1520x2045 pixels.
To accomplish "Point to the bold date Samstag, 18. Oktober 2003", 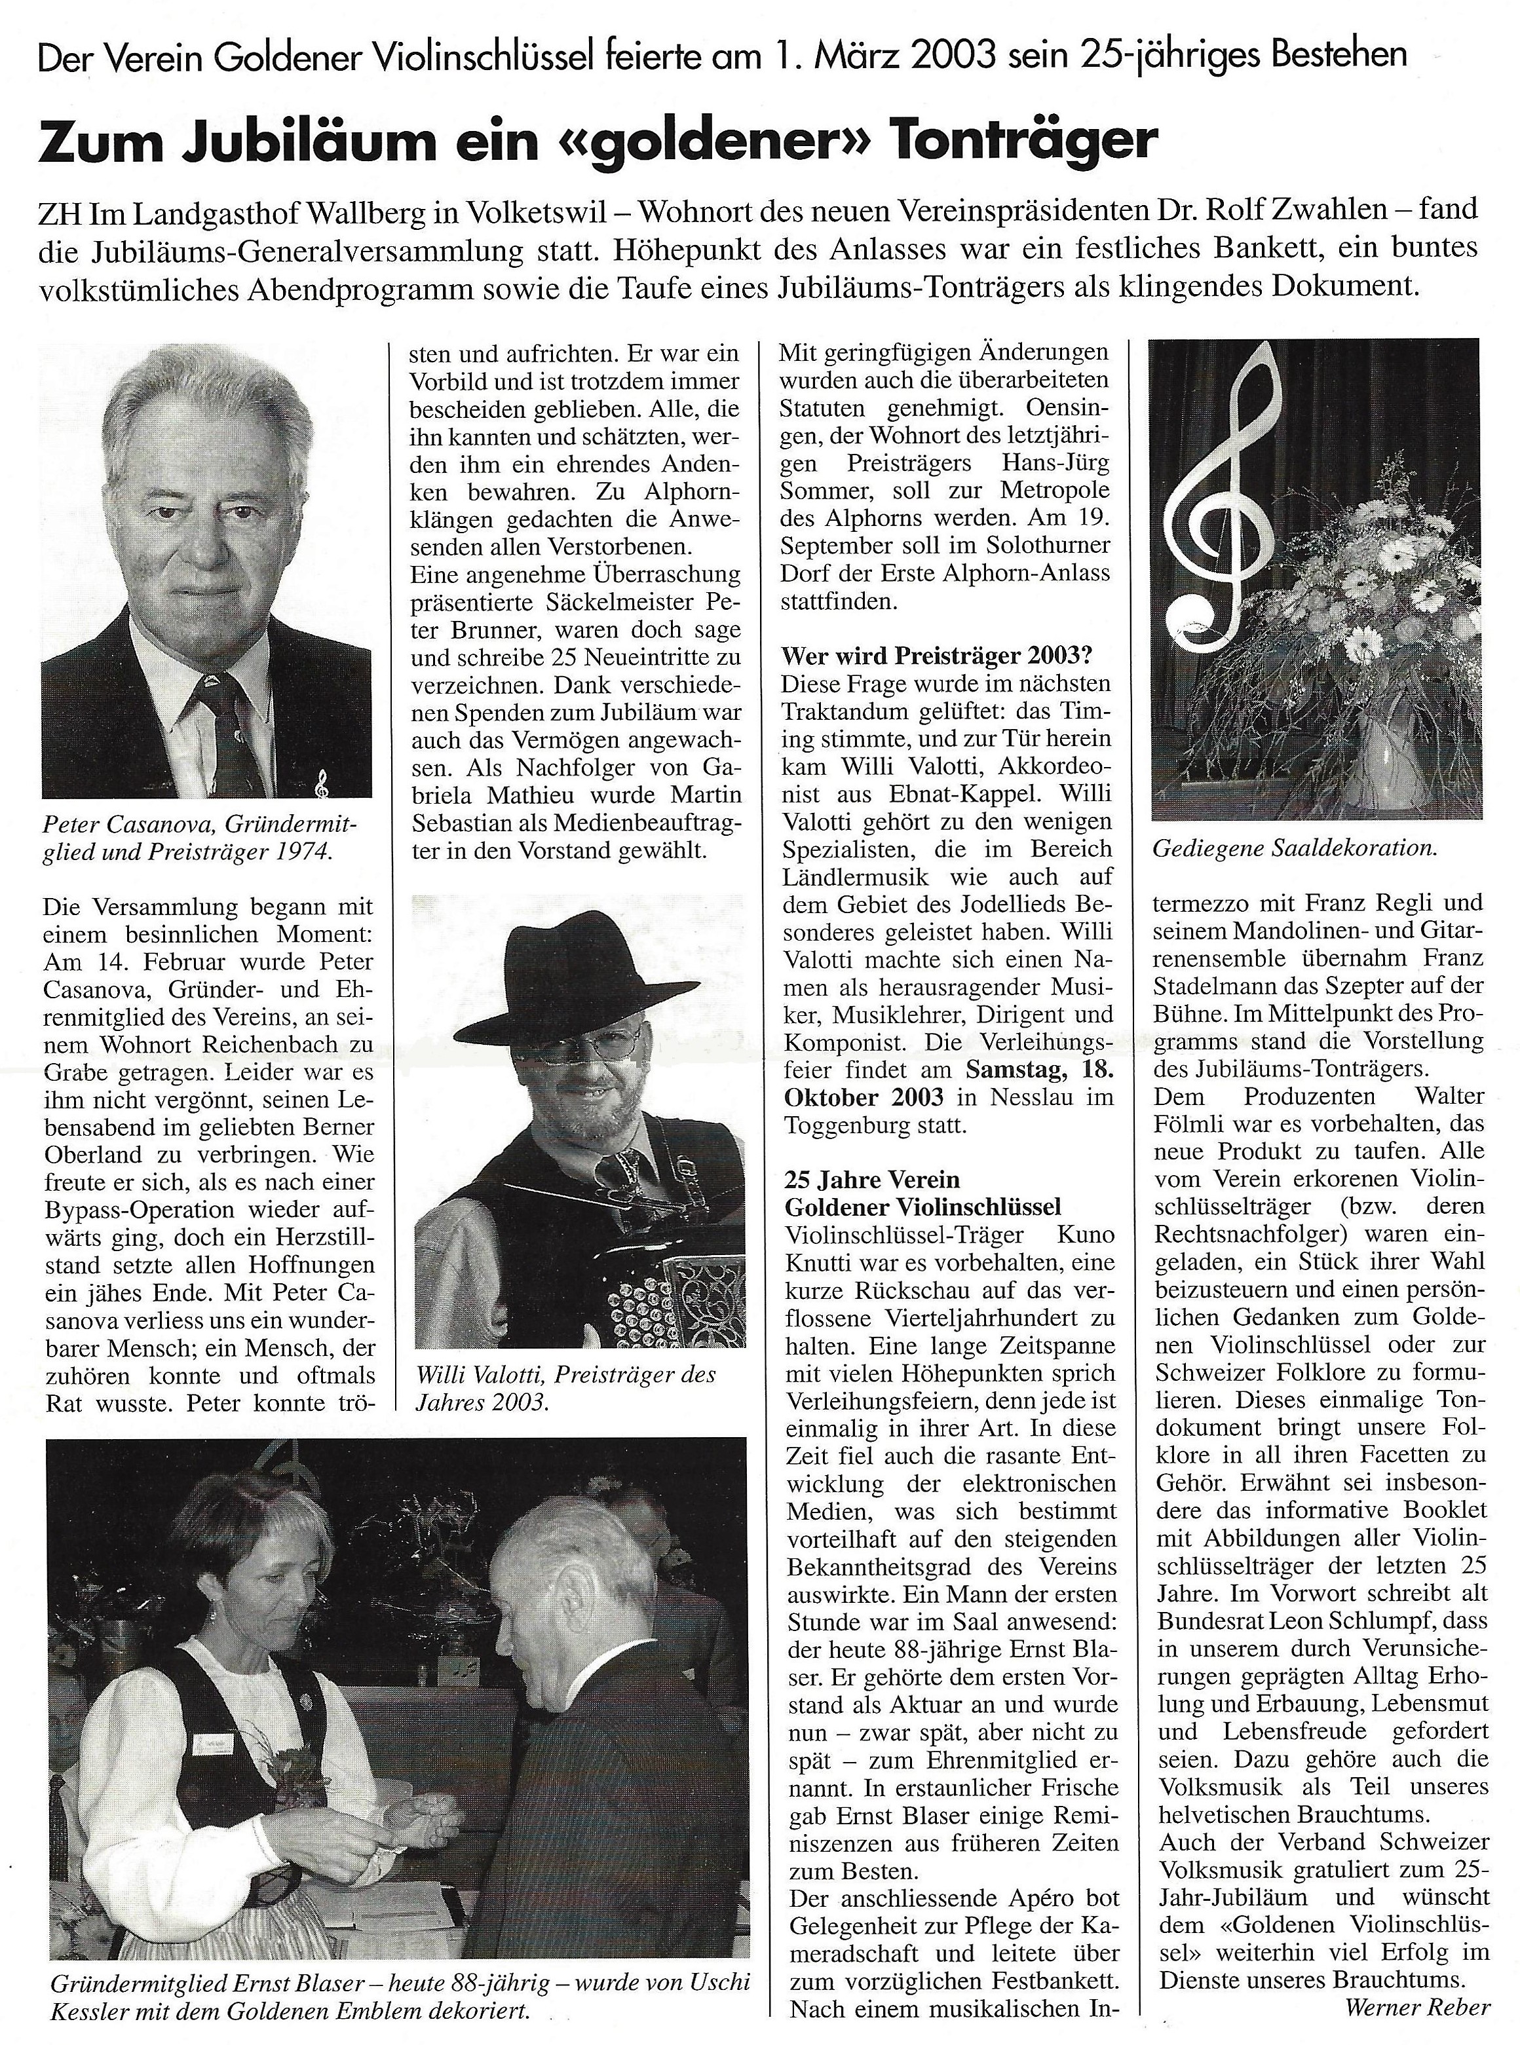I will pos(947,1083).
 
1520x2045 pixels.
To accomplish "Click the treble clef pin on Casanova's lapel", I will pos(321,785).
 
